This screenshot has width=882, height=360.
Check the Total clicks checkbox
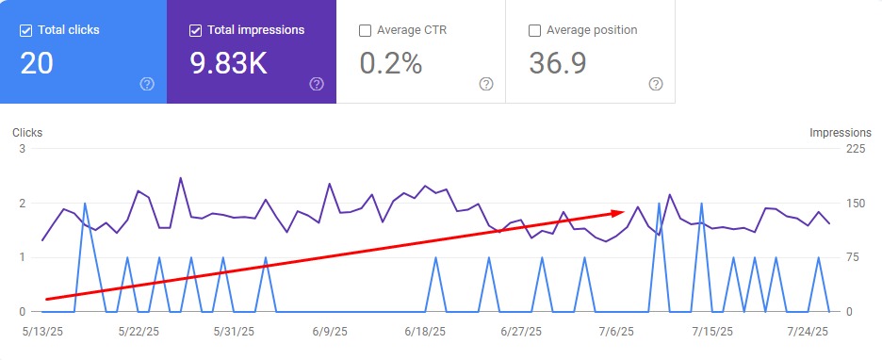pyautogui.click(x=25, y=30)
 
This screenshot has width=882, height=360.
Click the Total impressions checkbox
pyautogui.click(x=195, y=30)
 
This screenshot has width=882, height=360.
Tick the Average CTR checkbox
pyautogui.click(x=365, y=30)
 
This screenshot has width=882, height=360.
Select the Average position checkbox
pyautogui.click(x=535, y=30)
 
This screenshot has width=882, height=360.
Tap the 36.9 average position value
pyautogui.click(x=559, y=63)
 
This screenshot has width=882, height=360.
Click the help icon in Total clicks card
pyautogui.click(x=147, y=84)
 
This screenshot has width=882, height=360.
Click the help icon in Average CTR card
pyautogui.click(x=486, y=84)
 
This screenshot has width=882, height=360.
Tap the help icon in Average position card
pyautogui.click(x=656, y=84)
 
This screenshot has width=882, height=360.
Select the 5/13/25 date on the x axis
pyautogui.click(x=43, y=332)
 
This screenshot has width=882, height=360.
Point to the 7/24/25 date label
pyautogui.click(x=808, y=332)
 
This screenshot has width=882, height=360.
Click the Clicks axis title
pyautogui.click(x=27, y=133)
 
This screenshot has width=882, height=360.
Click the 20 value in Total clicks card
pyautogui.click(x=37, y=63)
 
